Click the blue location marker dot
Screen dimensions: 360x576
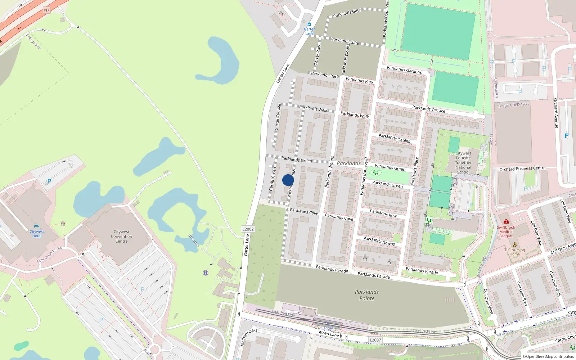[288, 180]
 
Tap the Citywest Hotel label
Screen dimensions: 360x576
[37, 234]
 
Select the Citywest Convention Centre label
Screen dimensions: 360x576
[121, 237]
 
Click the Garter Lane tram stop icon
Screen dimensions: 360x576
[309, 24]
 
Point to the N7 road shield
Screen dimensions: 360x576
[46, 10]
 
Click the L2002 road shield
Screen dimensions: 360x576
[248, 229]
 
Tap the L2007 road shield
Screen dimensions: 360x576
[375, 340]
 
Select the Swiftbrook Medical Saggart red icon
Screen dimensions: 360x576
[506, 221]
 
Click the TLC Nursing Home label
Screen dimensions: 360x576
[514, 252]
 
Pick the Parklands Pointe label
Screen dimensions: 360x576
[367, 295]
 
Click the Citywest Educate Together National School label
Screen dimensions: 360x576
[463, 163]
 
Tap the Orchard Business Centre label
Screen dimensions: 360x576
[522, 168]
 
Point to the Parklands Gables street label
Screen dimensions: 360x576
[394, 138]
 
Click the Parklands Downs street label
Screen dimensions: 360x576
[379, 241]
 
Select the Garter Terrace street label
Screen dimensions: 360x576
[278, 117]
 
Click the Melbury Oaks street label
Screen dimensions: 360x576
[249, 337]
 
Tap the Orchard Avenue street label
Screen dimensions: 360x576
[556, 113]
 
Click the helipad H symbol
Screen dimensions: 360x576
[206, 273]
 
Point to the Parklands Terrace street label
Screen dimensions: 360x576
[428, 109]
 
